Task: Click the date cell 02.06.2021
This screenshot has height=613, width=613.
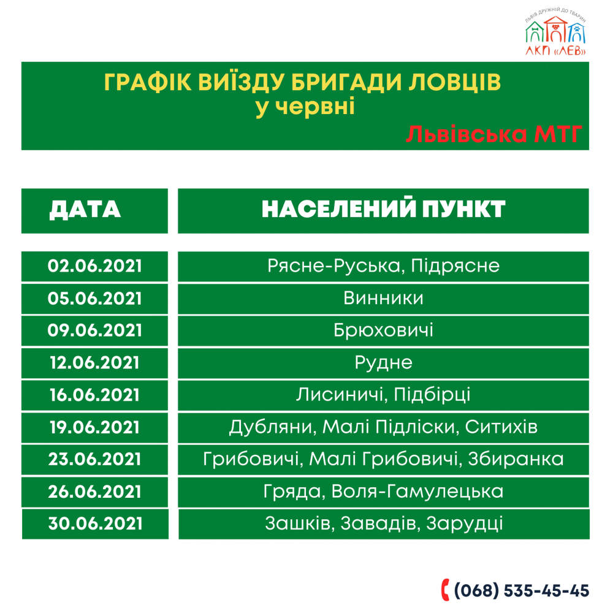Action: click(94, 266)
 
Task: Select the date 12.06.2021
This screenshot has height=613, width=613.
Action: click(94, 363)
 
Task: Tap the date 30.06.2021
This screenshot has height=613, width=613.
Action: click(94, 524)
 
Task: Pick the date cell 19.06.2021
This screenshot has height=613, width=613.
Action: click(94, 427)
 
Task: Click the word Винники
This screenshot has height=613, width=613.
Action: click(383, 298)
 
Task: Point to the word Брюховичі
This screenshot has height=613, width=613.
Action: click(383, 330)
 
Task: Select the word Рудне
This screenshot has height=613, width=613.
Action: click(383, 363)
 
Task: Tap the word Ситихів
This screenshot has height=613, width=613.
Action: click(501, 427)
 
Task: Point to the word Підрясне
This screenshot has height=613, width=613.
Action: click(455, 266)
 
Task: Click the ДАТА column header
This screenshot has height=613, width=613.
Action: click(85, 210)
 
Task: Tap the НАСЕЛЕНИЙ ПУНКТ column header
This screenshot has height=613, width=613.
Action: click(383, 210)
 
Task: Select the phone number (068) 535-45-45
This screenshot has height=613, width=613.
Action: click(522, 590)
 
